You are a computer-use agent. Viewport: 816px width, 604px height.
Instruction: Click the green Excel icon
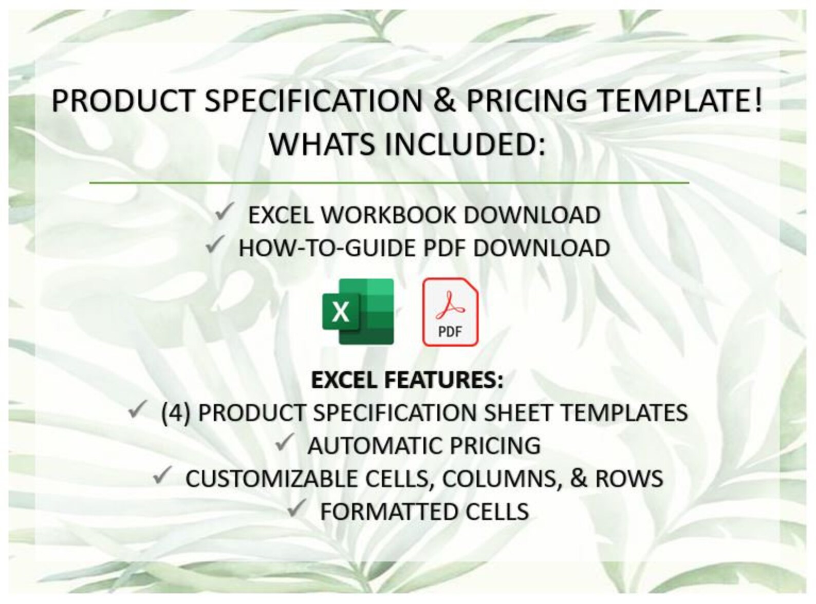pos(358,311)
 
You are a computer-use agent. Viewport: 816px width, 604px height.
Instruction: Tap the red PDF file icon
pos(450,311)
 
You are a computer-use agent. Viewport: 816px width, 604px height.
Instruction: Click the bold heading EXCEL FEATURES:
pos(407,380)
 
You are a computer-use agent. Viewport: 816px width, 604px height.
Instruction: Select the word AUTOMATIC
pos(372,445)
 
